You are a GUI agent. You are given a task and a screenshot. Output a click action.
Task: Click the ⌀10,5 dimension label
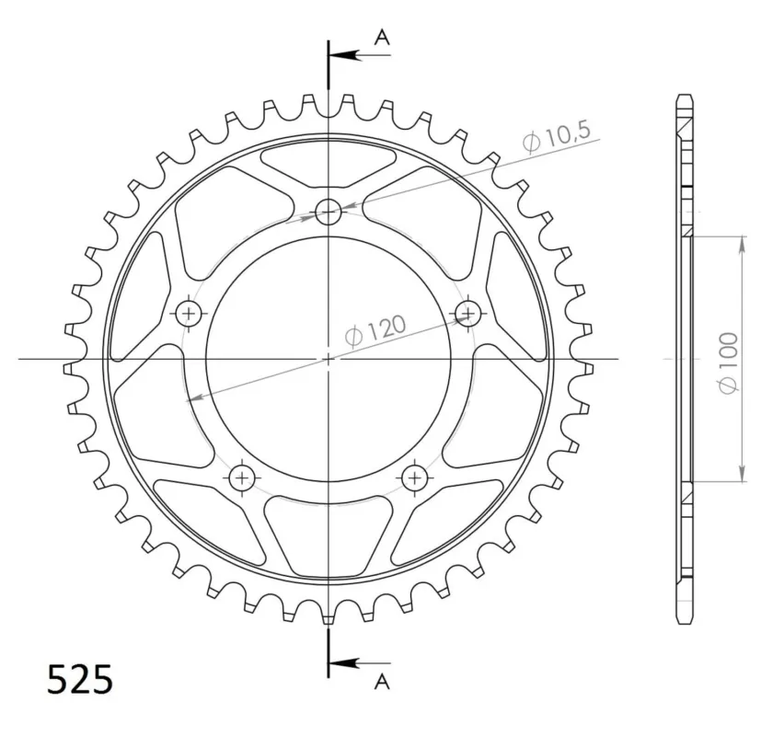pyautogui.click(x=557, y=135)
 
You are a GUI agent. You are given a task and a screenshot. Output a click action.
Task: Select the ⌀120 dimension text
pyautogui.click(x=375, y=331)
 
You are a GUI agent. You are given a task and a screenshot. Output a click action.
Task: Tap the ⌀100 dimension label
pyautogui.click(x=728, y=363)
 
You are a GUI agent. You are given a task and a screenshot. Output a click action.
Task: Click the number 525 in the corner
pyautogui.click(x=80, y=680)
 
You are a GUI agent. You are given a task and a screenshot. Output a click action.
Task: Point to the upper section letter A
pyautogui.click(x=382, y=37)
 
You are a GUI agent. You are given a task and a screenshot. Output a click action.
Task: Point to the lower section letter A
pyautogui.click(x=382, y=681)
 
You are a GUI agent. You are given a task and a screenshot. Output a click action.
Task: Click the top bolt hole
pyautogui.click(x=328, y=212)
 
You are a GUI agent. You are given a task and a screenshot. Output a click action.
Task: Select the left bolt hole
pyautogui.click(x=189, y=314)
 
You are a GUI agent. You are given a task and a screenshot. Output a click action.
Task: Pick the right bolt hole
pyautogui.click(x=468, y=314)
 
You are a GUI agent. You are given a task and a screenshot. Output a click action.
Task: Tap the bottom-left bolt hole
pyautogui.click(x=242, y=478)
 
